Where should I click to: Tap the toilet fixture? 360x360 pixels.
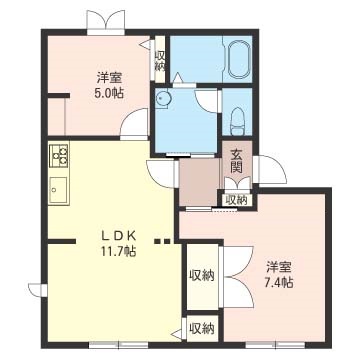point(238,121)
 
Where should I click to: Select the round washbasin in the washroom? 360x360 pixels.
point(163,99)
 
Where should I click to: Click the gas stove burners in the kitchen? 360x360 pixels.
point(59,155)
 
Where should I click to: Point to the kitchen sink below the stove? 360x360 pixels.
point(58,189)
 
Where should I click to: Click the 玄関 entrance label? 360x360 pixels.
point(237,161)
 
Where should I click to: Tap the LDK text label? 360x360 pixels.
point(119,236)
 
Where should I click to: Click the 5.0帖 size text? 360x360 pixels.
point(109,93)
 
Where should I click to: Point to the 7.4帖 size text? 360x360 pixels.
point(279,283)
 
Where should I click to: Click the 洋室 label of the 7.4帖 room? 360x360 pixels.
point(279,267)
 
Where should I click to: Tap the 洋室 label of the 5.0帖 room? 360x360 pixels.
point(109,78)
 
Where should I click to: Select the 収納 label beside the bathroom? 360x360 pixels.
point(160,61)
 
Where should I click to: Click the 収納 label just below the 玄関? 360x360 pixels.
point(237,200)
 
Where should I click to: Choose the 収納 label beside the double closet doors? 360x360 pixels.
point(202,276)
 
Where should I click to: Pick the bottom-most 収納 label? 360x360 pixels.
point(201,329)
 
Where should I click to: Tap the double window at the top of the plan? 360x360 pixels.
point(106,22)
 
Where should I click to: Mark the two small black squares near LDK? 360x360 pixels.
point(163,241)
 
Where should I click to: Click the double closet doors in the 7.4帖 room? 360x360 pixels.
point(238,277)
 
